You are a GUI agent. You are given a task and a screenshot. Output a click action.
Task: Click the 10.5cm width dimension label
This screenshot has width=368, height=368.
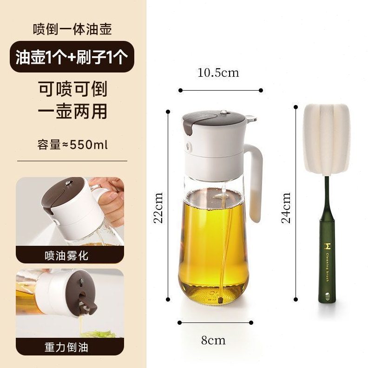coord(218,73)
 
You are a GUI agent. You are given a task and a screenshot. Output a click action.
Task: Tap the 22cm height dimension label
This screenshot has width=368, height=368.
coord(159,208)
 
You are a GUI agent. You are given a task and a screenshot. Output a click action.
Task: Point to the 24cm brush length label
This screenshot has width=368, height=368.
coord(286,208)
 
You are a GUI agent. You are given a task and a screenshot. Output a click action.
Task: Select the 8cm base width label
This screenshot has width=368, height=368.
coord(213,340)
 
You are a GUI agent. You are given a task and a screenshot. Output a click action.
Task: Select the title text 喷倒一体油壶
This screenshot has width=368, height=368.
coord(72,29)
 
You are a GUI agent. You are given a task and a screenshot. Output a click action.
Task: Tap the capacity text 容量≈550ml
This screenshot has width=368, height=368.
coord(72,145)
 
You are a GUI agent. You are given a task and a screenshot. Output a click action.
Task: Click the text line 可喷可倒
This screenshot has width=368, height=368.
coord(72,88)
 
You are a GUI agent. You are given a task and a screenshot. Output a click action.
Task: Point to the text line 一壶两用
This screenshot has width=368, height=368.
coord(72,112)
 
